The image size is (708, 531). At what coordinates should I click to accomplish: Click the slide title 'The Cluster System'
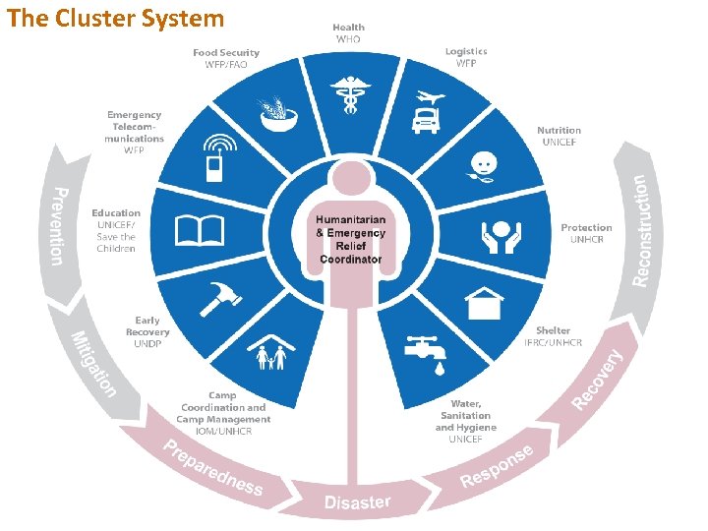(x=116, y=18)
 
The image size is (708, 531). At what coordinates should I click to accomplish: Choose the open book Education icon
(x=199, y=231)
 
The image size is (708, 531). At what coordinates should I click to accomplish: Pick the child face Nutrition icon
(x=481, y=164)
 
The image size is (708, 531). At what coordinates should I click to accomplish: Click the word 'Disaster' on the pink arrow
(x=357, y=502)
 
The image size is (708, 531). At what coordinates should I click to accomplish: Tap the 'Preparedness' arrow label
(x=213, y=468)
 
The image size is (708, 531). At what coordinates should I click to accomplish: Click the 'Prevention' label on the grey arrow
(x=59, y=225)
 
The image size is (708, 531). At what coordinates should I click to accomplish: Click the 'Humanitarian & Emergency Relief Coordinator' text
(x=350, y=238)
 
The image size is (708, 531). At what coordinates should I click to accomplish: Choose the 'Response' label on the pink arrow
(x=497, y=466)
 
